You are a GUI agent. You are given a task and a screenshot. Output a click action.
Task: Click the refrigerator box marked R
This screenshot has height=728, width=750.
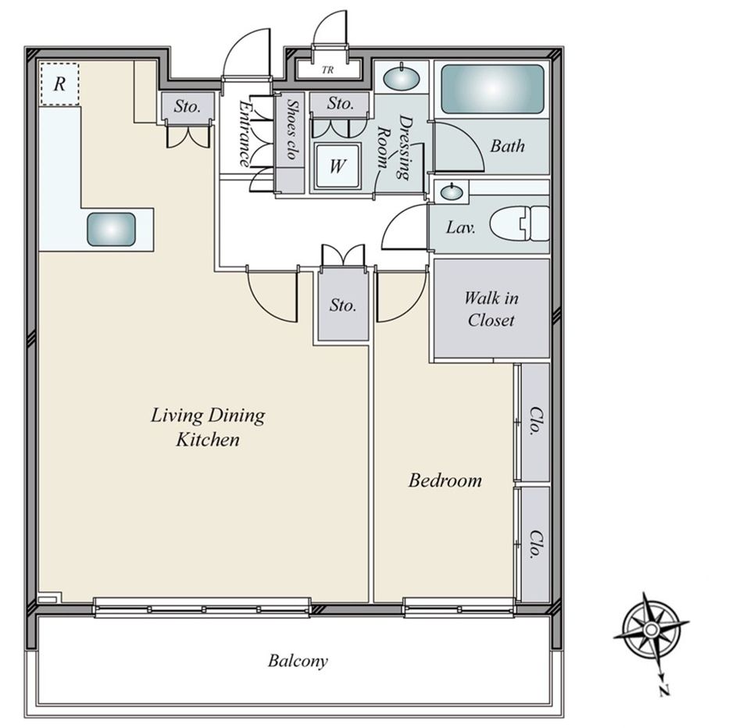tap(59, 84)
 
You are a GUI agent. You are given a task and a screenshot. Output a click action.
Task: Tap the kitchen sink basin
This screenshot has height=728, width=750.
tap(111, 230)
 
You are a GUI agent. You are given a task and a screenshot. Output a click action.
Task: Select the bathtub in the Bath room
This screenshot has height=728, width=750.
tap(492, 90)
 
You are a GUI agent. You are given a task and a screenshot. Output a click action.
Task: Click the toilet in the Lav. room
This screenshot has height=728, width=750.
tap(520, 224)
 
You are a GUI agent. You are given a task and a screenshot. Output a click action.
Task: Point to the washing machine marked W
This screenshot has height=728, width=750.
tap(337, 166)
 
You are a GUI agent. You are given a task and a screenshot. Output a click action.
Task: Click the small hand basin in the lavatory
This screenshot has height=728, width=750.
tap(451, 192)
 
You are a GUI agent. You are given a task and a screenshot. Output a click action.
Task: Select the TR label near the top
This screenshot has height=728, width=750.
tap(327, 70)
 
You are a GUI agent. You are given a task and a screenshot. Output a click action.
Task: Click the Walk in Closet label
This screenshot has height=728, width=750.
tap(491, 309)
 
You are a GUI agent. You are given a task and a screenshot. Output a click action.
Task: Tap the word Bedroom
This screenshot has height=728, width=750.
tap(445, 480)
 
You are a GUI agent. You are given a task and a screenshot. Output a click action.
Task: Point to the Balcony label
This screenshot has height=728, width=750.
tap(298, 661)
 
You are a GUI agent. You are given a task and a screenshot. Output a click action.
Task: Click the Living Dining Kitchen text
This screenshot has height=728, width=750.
tap(208, 427)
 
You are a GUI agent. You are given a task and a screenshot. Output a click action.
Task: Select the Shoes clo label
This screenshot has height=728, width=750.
tap(291, 129)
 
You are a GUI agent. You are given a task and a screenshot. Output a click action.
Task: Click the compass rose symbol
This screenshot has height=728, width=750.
tap(651, 629)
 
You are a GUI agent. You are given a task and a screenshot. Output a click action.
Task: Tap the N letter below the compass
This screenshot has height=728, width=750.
tap(664, 690)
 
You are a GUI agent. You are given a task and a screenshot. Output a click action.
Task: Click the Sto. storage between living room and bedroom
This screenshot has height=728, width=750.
tap(343, 305)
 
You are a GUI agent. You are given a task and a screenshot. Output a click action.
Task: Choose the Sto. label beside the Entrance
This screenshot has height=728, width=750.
tap(187, 106)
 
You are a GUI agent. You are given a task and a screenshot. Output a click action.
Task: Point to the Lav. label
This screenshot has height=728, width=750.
tap(461, 227)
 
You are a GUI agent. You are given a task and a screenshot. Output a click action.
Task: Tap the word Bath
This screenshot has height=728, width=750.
tap(508, 146)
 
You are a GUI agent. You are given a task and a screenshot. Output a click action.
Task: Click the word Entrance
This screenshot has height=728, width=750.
tap(245, 134)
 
